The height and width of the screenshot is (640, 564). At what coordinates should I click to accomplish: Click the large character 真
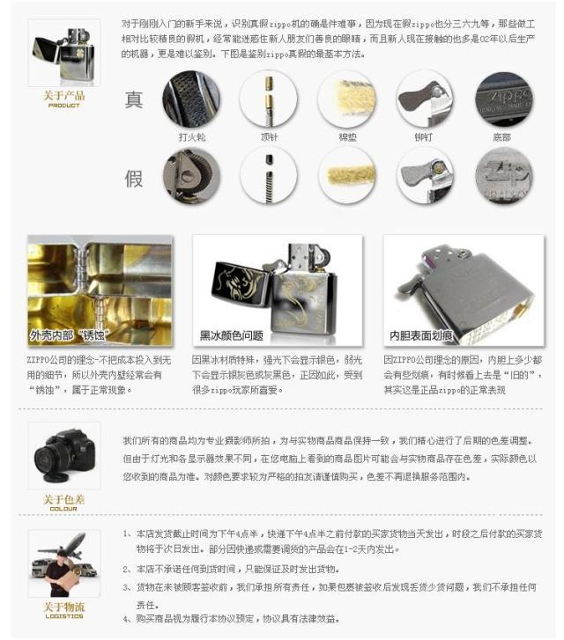pos(134,99)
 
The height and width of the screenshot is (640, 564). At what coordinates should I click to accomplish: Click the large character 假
pos(134,179)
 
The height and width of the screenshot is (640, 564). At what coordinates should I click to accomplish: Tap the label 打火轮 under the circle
pos(191,137)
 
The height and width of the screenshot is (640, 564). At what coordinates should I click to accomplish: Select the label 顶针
pos(269,137)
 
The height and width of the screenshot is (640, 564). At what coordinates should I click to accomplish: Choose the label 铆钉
pos(424,137)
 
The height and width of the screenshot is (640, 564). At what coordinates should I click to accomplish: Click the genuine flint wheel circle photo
pos(191,99)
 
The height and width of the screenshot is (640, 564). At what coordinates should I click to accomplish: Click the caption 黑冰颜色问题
pos(232,335)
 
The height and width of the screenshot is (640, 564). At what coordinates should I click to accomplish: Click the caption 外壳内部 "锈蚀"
pos(68,335)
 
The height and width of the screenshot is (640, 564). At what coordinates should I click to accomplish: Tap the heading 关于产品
pos(63,96)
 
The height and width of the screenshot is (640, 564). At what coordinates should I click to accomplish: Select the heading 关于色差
pos(63,499)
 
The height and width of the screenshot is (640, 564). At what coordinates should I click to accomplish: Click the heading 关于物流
pos(63,607)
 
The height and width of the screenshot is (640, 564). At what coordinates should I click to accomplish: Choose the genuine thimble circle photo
pos(269,99)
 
